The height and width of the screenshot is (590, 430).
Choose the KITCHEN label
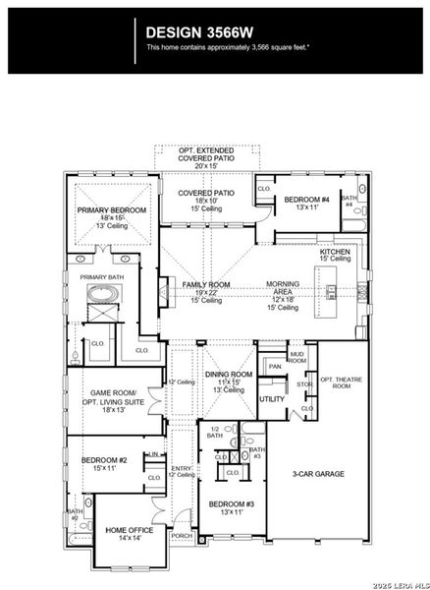click(335, 253)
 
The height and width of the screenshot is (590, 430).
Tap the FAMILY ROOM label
click(206, 284)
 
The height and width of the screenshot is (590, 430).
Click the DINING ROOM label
click(229, 375)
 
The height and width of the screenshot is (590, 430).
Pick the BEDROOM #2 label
click(104, 460)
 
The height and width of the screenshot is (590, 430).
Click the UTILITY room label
click(271, 398)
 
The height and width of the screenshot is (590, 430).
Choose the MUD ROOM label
click(296, 356)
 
